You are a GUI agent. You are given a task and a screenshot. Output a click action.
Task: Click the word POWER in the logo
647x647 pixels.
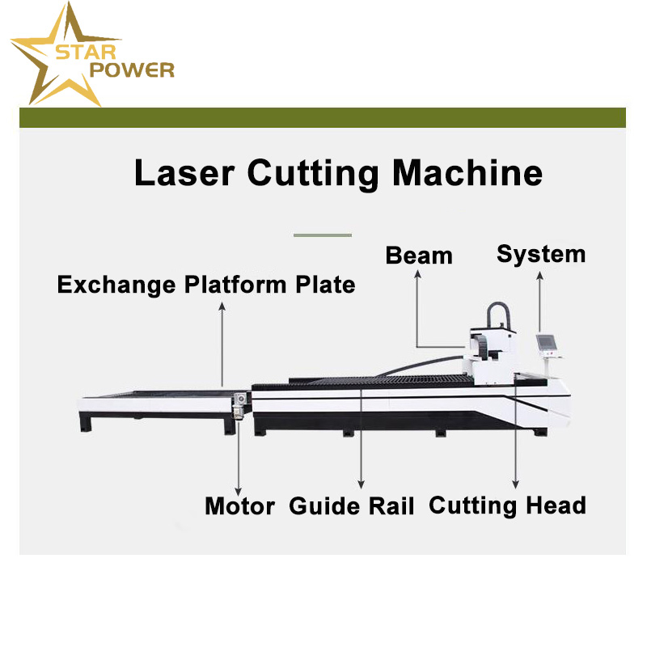point(133,70)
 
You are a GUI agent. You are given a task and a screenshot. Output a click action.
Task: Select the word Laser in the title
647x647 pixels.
point(184,174)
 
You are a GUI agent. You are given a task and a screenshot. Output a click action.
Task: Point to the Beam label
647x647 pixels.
point(419,256)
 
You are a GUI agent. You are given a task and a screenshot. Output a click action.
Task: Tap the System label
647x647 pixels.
point(540,254)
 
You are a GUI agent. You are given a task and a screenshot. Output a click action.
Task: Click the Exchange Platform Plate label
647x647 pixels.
point(206,285)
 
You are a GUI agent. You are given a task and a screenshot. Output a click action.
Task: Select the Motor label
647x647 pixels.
point(239,506)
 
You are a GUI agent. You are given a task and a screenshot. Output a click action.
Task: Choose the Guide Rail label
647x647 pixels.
point(352,507)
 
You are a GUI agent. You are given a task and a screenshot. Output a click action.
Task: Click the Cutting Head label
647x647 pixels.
point(507,505)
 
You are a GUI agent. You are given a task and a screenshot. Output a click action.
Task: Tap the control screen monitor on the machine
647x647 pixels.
point(548,345)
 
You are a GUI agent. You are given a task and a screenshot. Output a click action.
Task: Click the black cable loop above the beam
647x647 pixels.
point(498,317)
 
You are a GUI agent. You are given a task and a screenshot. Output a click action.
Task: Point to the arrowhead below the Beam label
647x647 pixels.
point(418,276)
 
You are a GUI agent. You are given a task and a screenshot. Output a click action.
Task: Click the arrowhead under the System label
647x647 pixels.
point(539,277)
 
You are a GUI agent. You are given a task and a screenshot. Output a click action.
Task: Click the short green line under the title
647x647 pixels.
point(323,235)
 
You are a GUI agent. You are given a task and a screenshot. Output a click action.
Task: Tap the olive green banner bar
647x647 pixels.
point(323,117)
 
